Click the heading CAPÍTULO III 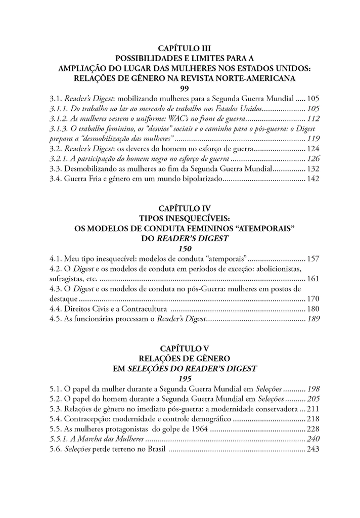click(180, 49)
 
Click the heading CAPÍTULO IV click(180, 208)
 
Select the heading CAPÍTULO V click(180, 349)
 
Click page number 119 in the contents click(313, 139)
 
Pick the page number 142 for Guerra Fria click(313, 179)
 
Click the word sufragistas click(68, 278)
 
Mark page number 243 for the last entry click(313, 449)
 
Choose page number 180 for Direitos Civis click(313, 309)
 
